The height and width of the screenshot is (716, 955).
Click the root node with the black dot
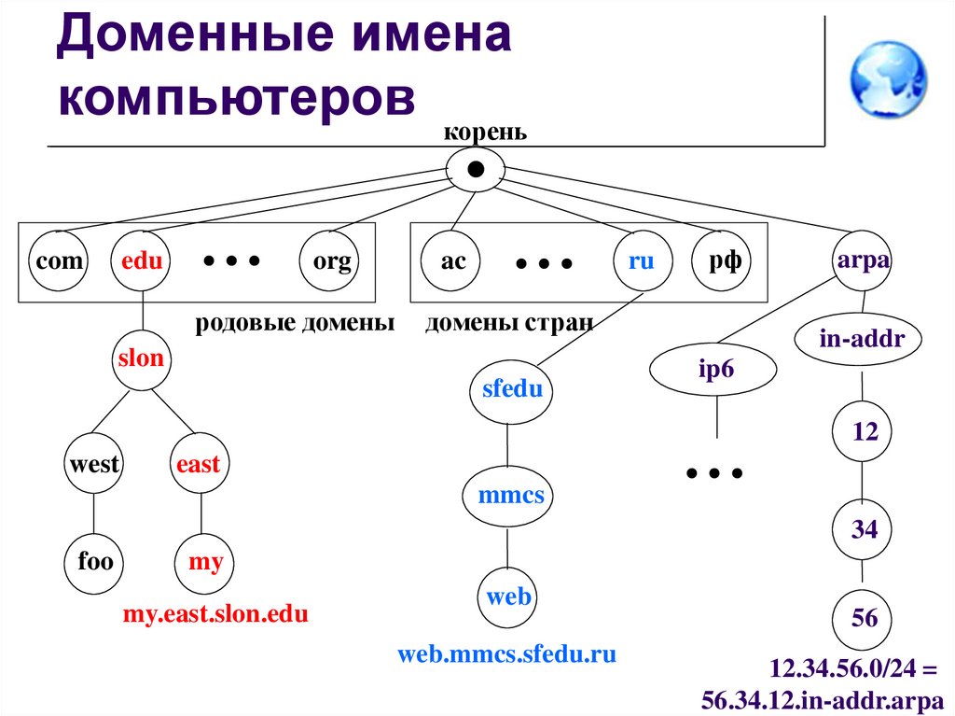(x=476, y=170)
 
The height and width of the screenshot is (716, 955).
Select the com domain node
(x=60, y=261)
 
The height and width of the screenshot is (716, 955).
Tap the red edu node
(x=141, y=261)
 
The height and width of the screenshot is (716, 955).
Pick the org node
(x=332, y=261)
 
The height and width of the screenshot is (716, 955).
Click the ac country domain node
(x=453, y=261)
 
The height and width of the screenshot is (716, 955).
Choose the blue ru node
(x=642, y=261)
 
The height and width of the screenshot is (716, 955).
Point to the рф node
(x=724, y=261)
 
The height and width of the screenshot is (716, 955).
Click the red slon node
(x=141, y=358)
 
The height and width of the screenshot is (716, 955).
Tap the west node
(x=94, y=464)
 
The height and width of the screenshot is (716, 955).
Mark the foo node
(x=95, y=561)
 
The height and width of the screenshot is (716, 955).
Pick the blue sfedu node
(x=511, y=390)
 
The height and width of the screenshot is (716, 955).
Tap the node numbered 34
(x=864, y=530)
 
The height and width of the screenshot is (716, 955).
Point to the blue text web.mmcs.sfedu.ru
(x=506, y=653)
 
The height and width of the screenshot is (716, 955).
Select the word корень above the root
(x=485, y=131)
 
